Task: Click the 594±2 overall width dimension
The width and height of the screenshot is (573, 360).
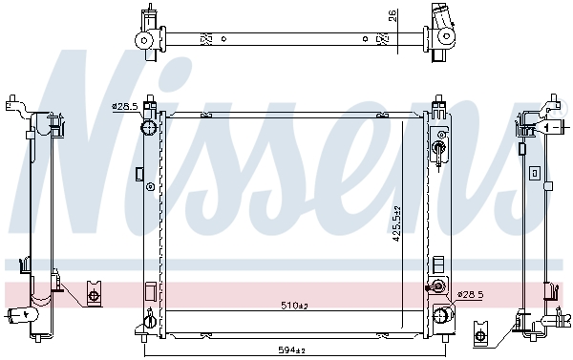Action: point(291,349)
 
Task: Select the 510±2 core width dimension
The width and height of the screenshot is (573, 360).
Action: point(294,305)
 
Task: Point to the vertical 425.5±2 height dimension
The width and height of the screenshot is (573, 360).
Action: point(396,223)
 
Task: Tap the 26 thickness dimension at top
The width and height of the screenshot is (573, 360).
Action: point(393,15)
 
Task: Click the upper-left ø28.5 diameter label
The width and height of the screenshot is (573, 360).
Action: point(125,107)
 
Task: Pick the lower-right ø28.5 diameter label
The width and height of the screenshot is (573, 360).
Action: point(470,294)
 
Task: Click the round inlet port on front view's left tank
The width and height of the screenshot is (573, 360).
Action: point(149,128)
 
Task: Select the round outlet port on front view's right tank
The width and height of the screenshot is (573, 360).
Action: point(442,314)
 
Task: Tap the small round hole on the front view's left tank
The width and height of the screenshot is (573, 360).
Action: point(150,187)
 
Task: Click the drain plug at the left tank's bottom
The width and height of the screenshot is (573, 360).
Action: point(150,320)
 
